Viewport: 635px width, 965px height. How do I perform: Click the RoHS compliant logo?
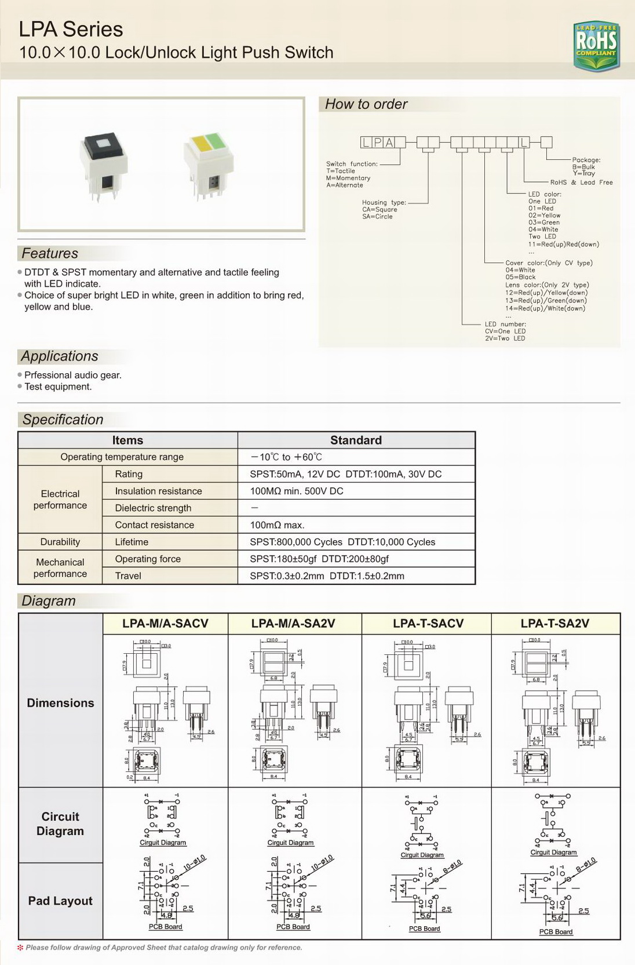(596, 46)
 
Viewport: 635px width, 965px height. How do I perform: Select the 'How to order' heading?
(366, 104)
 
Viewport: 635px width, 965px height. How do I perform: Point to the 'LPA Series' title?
(71, 29)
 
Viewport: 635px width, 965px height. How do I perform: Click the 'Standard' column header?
(356, 440)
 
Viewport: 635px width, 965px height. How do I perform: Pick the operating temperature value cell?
(286, 457)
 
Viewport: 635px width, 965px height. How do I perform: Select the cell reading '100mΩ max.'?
(277, 525)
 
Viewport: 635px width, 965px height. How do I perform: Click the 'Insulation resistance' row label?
(158, 491)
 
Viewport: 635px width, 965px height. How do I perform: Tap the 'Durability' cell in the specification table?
(60, 542)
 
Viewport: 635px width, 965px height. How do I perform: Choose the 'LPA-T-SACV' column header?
(428, 624)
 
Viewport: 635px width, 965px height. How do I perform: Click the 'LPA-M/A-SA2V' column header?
(293, 624)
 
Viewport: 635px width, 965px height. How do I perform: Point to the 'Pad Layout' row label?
(60, 901)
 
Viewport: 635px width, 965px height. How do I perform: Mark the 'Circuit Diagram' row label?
(60, 824)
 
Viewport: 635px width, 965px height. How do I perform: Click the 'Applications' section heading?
(60, 356)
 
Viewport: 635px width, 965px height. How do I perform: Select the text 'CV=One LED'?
(505, 332)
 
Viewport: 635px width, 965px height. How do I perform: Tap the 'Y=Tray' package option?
(583, 173)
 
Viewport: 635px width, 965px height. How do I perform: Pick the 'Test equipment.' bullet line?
(58, 387)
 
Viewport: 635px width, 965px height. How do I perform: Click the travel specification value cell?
(327, 576)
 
